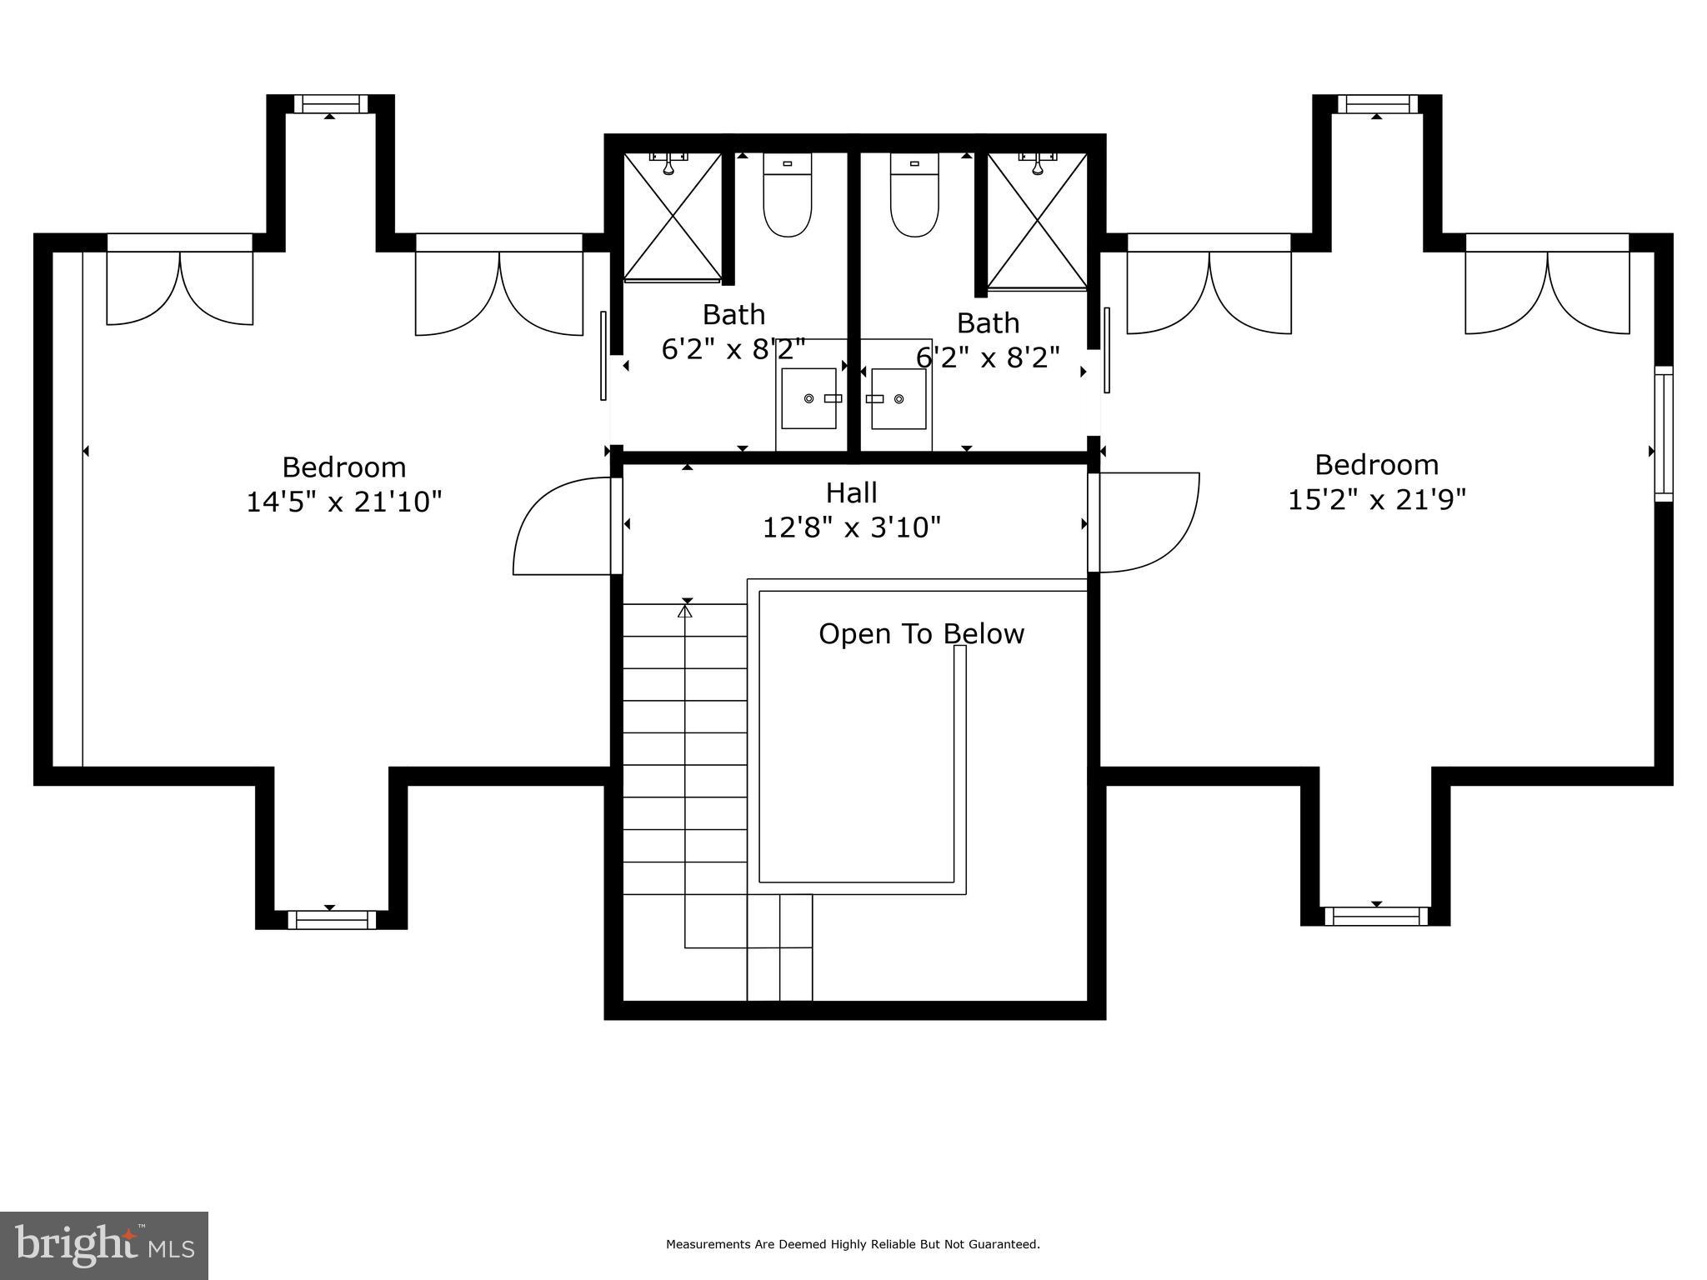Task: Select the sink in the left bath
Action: (808, 398)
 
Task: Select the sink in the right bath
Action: (899, 398)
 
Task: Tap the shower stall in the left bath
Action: (673, 216)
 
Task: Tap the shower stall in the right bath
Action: (1037, 221)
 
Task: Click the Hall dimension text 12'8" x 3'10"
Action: (852, 527)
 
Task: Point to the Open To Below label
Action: (921, 634)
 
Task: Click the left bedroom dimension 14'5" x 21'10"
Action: (343, 502)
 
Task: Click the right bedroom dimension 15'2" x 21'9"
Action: (1377, 500)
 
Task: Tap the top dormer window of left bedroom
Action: (330, 104)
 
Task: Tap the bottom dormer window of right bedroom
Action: (1376, 917)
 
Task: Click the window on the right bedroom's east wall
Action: (1663, 433)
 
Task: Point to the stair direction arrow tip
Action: (685, 610)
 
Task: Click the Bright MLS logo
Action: (104, 1245)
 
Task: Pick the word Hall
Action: (851, 493)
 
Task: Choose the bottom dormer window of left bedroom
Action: (331, 920)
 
